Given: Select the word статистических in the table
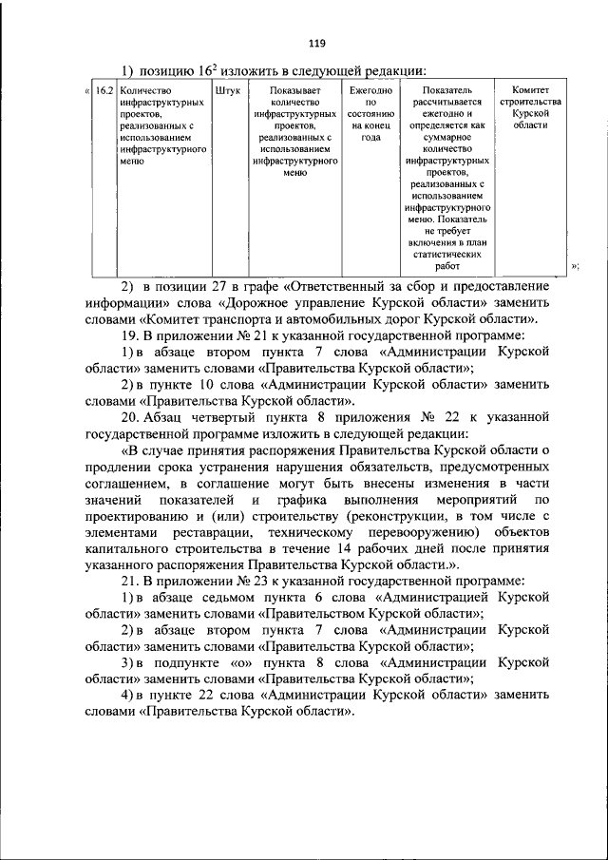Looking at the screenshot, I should (x=446, y=255).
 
